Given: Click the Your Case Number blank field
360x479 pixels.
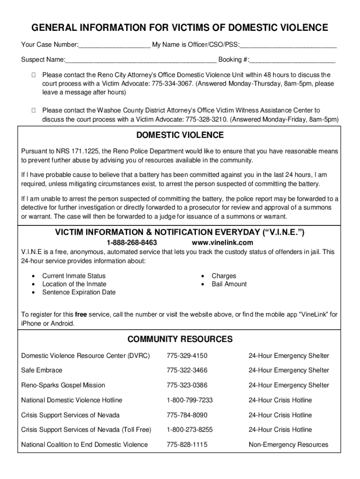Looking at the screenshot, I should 115,45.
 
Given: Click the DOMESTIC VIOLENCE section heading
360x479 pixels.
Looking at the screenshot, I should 180,136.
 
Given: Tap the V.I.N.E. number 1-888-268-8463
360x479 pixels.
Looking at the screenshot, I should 132,243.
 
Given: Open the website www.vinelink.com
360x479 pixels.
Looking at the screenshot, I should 223,243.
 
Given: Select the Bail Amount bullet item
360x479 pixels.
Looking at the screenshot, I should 229,284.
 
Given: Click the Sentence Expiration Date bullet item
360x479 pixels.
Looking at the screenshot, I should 79,292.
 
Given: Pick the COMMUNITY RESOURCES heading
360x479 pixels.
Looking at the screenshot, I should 180,339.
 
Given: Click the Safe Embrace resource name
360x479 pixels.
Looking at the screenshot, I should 42,370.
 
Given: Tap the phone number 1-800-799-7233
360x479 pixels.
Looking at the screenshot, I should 190,400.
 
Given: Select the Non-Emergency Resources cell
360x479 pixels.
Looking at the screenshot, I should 288,445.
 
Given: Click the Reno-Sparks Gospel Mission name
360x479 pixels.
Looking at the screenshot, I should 63,385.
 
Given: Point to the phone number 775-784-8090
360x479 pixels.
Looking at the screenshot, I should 187,415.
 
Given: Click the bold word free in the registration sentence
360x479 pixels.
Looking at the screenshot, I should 81,315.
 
